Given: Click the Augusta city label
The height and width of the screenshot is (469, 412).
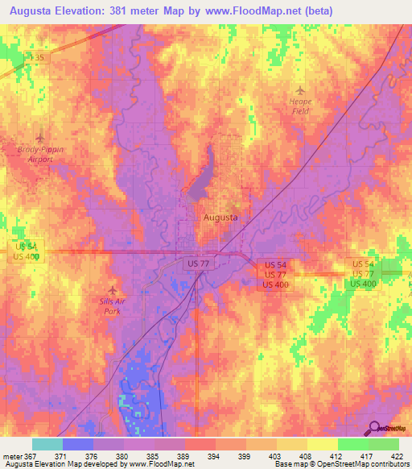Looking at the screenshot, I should [x=220, y=218].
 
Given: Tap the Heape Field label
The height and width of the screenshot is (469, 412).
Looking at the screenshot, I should [x=300, y=106].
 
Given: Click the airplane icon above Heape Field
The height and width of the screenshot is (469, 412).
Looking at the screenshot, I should [x=300, y=89].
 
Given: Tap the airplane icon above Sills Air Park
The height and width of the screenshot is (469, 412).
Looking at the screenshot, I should [x=112, y=289].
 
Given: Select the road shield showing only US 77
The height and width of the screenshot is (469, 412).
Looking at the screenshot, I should [x=196, y=264].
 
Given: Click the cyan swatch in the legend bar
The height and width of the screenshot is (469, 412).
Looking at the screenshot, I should [x=47, y=444].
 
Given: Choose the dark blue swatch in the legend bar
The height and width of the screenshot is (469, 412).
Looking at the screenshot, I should [x=78, y=444].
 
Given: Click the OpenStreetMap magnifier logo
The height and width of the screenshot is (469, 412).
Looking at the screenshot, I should [x=375, y=428].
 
